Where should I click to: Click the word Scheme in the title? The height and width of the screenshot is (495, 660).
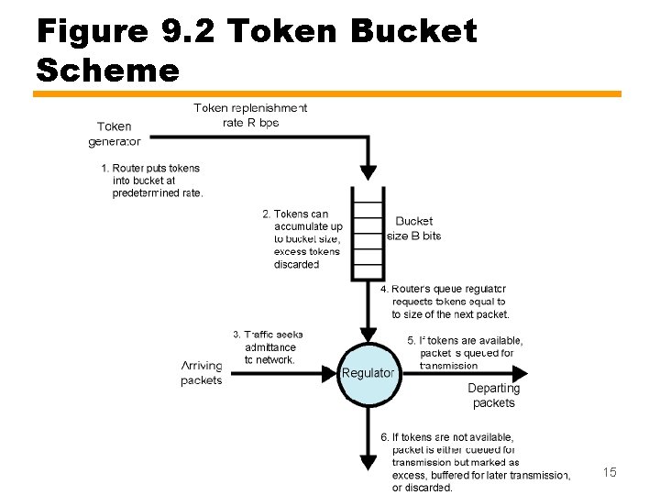[108, 70]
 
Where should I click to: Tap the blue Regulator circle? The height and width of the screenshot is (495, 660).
[368, 373]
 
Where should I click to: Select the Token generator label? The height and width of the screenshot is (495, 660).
[114, 134]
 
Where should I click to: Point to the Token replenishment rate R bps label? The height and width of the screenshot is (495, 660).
[250, 115]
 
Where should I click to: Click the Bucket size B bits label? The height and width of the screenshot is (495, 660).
[413, 228]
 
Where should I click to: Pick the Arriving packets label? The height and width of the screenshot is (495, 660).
[202, 373]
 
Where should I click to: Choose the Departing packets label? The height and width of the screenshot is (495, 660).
[493, 395]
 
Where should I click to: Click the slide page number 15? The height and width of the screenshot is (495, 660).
[609, 472]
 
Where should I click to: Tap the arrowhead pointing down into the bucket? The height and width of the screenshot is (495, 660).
[368, 171]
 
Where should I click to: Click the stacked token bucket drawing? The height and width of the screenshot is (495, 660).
[368, 233]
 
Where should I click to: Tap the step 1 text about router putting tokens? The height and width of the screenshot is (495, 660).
[152, 181]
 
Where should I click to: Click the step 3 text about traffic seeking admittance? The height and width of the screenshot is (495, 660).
[269, 347]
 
